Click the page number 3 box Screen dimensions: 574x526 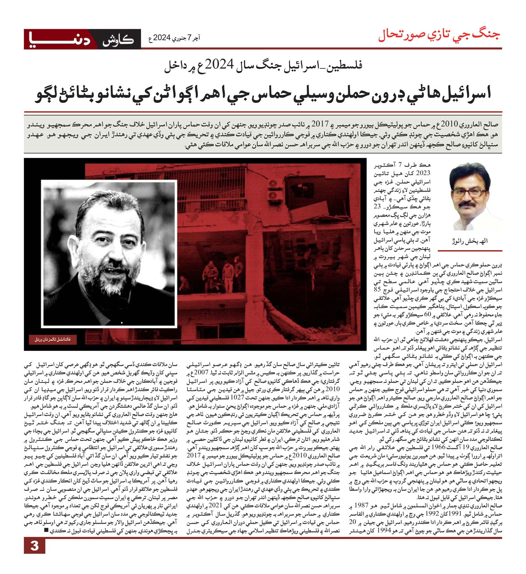pyautogui.click(x=34, y=546)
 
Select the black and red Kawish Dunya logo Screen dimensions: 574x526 pyautogui.click(x=82, y=39)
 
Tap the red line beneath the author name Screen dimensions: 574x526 pyautogui.click(x=470, y=251)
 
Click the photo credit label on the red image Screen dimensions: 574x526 pyautogui.click(x=53, y=339)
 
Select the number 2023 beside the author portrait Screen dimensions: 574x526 pyautogui.click(x=423, y=173)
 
